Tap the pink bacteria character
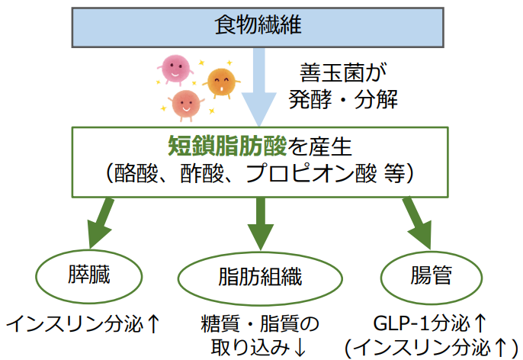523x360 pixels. click(x=175, y=68)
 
